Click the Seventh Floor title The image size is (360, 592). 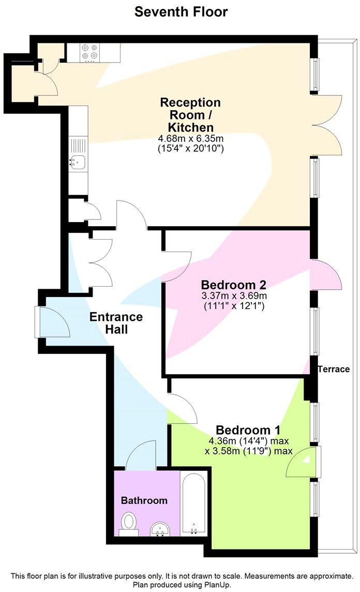[x=181, y=11]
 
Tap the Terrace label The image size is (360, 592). [x=334, y=369]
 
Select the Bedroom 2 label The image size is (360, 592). [x=233, y=285]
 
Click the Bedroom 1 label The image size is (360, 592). [x=248, y=430]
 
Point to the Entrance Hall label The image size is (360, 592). [x=116, y=323]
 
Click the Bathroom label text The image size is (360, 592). [x=144, y=500]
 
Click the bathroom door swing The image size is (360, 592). [x=140, y=455]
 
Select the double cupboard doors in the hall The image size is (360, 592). [x=102, y=263]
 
